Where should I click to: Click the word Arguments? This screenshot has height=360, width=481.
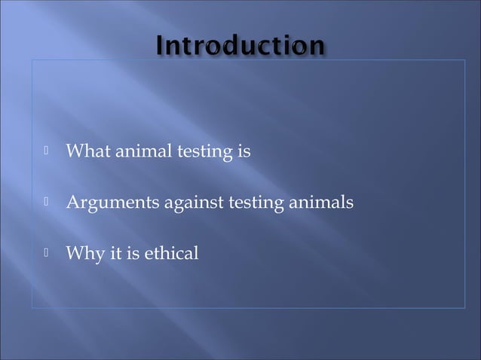[109, 203]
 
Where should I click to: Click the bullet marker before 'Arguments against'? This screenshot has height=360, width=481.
[46, 202]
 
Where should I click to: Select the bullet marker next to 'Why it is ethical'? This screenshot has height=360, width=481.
[46, 252]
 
